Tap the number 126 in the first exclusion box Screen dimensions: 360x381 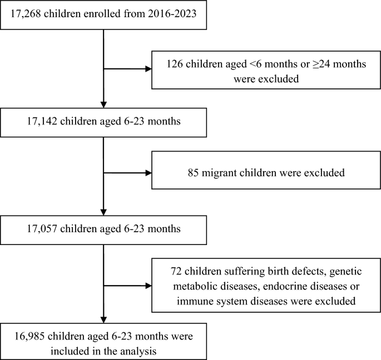click(x=175, y=64)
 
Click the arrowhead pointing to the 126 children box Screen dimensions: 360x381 click(x=149, y=69)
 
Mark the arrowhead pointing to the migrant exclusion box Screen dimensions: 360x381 click(x=149, y=172)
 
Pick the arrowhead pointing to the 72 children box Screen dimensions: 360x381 click(x=149, y=286)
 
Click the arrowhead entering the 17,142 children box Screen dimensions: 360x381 click(x=104, y=104)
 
